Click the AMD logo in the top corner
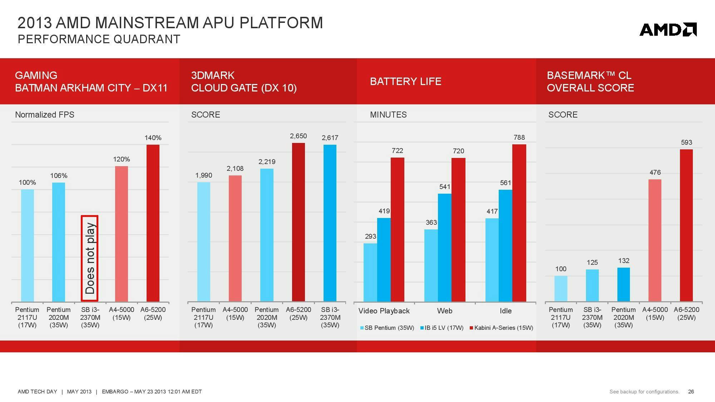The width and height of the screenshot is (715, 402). coord(668,30)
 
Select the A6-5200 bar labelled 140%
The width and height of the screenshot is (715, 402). coord(153,223)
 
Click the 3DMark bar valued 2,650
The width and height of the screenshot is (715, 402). coord(299,222)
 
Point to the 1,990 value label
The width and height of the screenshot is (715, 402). coord(204,175)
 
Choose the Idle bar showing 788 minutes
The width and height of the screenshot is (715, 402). coord(519,223)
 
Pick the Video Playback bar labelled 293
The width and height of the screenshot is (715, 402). coord(370,272)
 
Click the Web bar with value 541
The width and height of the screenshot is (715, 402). coord(445,247)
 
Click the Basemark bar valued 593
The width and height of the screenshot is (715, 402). coord(686,225)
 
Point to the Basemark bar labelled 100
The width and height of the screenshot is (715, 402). coord(561,288)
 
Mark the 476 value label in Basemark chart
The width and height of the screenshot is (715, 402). coord(655,173)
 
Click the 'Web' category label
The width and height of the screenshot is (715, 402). coord(445,311)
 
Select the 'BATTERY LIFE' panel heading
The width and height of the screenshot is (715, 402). coord(405,81)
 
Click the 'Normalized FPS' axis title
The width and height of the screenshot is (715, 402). coord(45,115)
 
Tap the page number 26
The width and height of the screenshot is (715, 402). coord(691,392)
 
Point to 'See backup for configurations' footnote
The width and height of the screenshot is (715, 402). coord(644,392)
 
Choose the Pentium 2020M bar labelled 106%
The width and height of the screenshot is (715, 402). coord(59,242)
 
